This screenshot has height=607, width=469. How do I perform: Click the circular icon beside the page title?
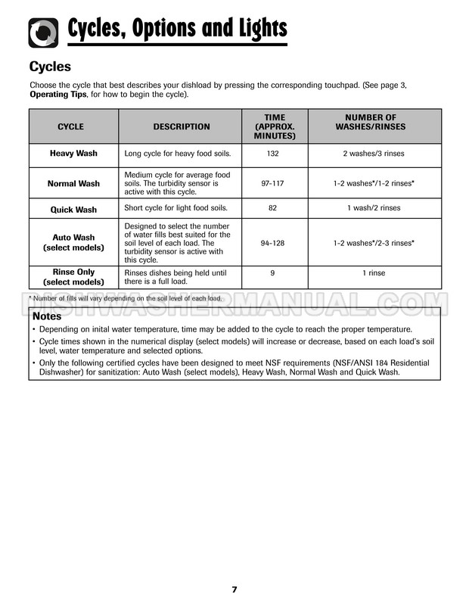pyautogui.click(x=43, y=32)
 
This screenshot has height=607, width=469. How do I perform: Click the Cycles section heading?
pyautogui.click(x=50, y=67)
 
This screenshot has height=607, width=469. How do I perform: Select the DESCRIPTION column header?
pyautogui.click(x=182, y=126)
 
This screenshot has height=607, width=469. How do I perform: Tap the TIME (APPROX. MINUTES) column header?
pyautogui.click(x=275, y=126)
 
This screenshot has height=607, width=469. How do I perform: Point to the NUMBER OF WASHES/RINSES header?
pyautogui.click(x=370, y=122)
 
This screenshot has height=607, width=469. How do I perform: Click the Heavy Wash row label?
pyautogui.click(x=73, y=154)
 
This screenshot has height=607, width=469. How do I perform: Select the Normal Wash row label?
pyautogui.click(x=73, y=183)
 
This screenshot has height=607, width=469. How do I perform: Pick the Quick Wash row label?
pyautogui.click(x=73, y=210)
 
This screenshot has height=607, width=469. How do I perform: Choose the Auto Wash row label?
pyautogui.click(x=73, y=242)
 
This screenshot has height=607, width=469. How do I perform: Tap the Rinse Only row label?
pyautogui.click(x=73, y=276)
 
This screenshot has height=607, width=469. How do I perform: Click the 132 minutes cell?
pyautogui.click(x=275, y=154)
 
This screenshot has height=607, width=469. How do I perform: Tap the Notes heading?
pyautogui.click(x=48, y=316)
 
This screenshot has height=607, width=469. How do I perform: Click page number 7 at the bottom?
pyautogui.click(x=234, y=590)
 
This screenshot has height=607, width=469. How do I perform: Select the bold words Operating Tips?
pyautogui.click(x=57, y=95)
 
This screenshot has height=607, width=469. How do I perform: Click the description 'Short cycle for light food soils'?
pyautogui.click(x=175, y=208)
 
